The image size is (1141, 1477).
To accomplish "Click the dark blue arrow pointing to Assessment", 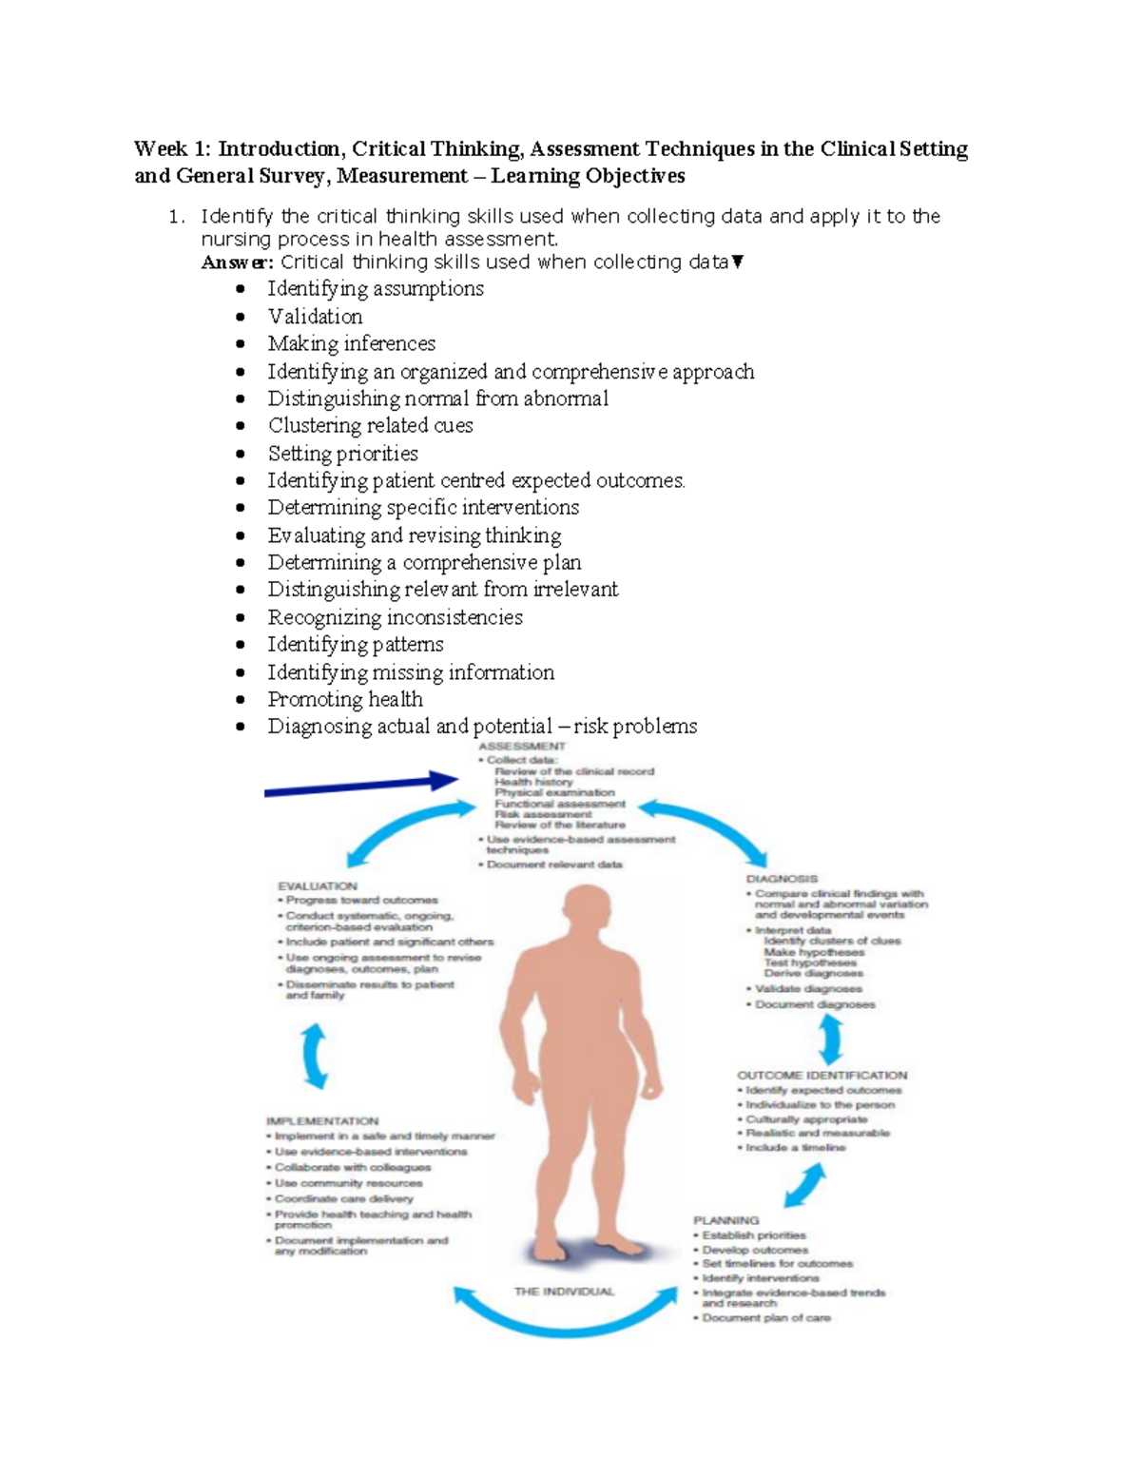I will tap(361, 786).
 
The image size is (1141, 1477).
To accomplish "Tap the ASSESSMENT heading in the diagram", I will tap(521, 747).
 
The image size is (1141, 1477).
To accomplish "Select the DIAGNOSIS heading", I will tap(782, 879).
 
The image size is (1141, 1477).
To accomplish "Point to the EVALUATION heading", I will tap(318, 885).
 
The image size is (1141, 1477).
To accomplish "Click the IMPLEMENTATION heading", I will tap(322, 1121).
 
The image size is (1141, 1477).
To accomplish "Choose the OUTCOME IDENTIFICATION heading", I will tap(822, 1076).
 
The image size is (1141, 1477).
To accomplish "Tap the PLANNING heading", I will tap(726, 1220).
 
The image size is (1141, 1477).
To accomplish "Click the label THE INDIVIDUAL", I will tap(564, 1292).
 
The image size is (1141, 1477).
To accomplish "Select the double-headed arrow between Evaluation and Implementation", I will tap(316, 1057).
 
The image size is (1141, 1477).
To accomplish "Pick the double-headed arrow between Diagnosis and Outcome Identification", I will tap(831, 1039).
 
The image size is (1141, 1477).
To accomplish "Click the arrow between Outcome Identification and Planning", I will tap(805, 1185).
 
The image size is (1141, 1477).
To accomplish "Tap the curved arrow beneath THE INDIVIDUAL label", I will tap(565, 1316).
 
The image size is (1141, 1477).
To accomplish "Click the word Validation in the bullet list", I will tap(315, 317).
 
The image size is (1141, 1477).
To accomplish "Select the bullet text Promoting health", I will tap(345, 700).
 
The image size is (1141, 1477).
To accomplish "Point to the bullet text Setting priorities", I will tap(342, 454).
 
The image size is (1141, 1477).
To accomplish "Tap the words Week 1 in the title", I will tap(172, 149).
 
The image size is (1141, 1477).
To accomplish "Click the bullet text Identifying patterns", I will tap(356, 645).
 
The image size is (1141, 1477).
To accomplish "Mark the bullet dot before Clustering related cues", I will tap(242, 427).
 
